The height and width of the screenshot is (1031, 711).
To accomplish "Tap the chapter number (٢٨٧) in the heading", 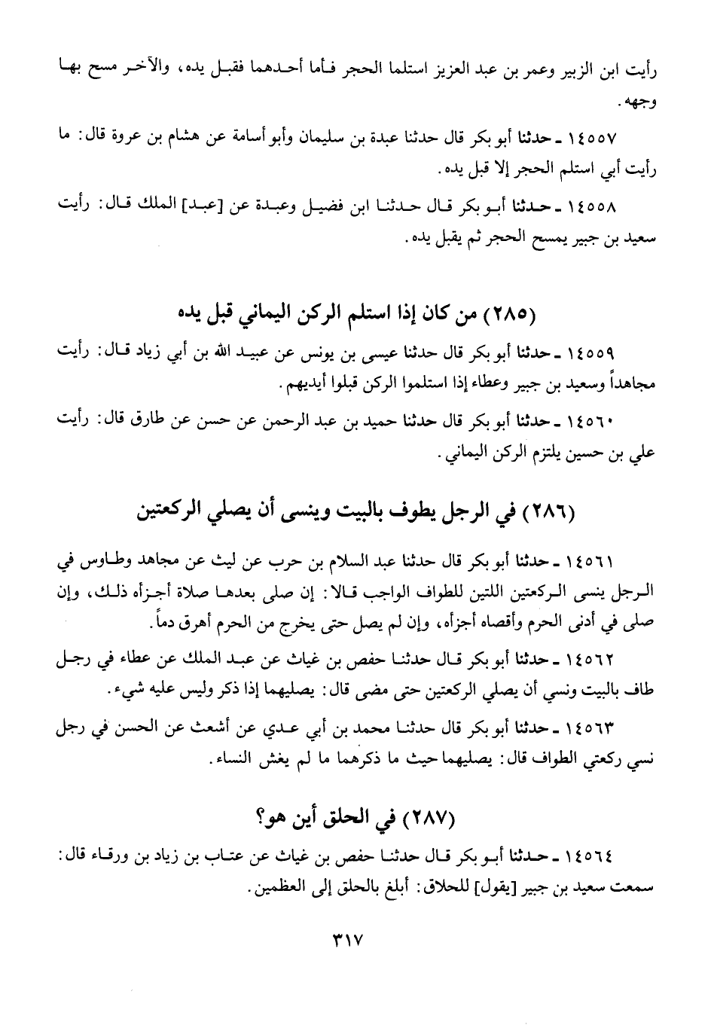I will pyautogui.click(x=429, y=818).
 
